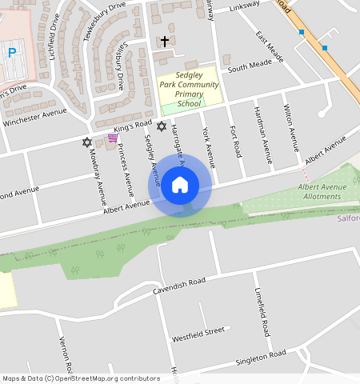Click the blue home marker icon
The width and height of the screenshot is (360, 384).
click(180, 186)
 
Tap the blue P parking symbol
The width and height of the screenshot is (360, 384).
click(11, 53)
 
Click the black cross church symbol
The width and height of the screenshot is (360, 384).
click(165, 40)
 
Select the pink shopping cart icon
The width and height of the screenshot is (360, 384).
click(113, 138)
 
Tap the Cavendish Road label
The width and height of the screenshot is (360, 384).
click(181, 286)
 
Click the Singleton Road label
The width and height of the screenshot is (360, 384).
click(260, 358)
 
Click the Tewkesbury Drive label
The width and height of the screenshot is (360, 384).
click(105, 20)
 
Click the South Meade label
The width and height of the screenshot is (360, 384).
click(249, 68)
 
